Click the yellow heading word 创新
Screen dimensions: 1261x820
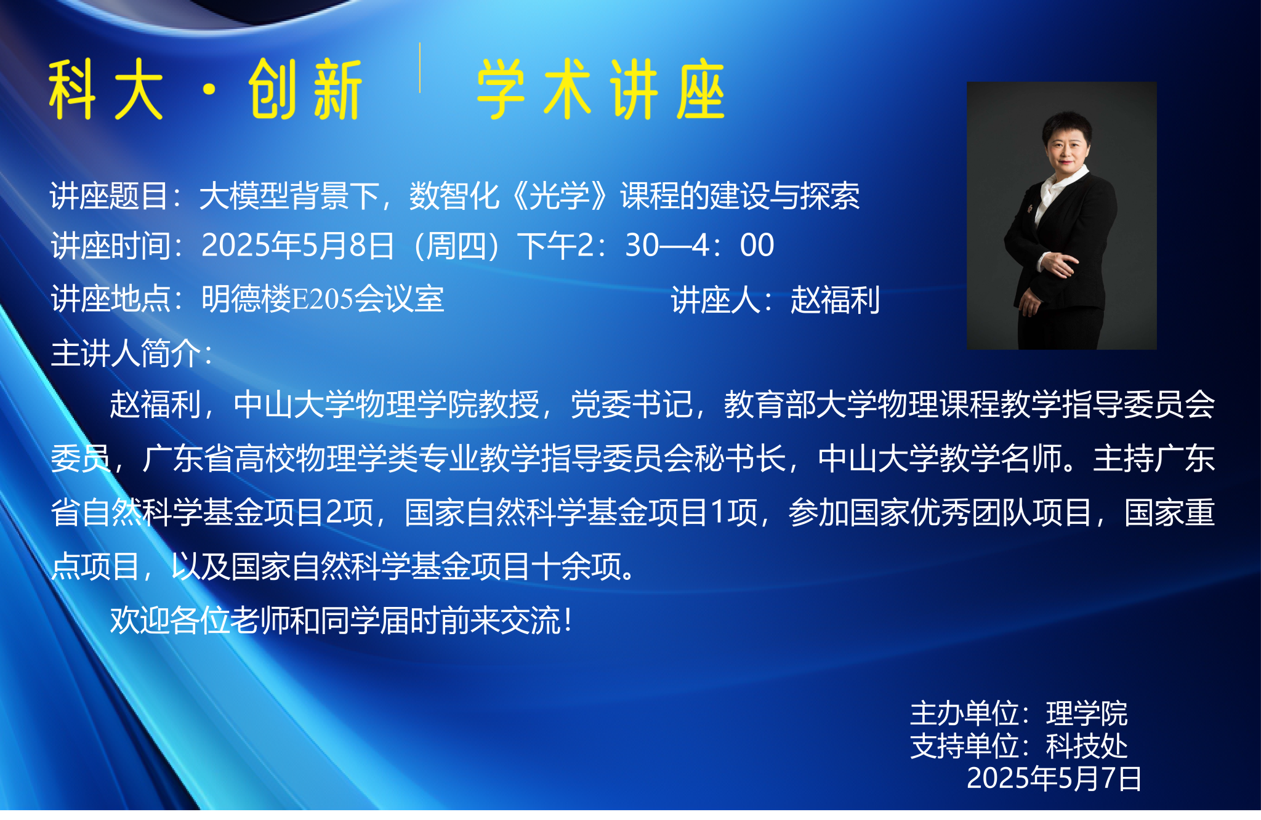click(x=305, y=90)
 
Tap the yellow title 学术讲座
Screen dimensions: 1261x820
click(x=601, y=90)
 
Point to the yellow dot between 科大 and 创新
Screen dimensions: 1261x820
click(x=209, y=90)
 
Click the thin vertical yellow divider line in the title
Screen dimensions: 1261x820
click(x=420, y=68)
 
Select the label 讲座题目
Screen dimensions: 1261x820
click(x=109, y=196)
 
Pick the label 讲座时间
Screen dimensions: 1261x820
click(x=110, y=246)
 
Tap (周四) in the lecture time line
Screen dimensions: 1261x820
click(x=457, y=246)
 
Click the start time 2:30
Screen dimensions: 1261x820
click(x=619, y=245)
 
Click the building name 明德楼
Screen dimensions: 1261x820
click(x=246, y=299)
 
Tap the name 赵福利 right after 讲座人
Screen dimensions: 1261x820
click(x=835, y=300)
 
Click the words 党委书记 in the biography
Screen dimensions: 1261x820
click(x=631, y=404)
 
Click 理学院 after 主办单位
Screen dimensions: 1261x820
click(x=1087, y=714)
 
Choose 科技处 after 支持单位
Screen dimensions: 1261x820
click(x=1087, y=746)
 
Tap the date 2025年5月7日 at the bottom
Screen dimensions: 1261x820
click(x=1054, y=778)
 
